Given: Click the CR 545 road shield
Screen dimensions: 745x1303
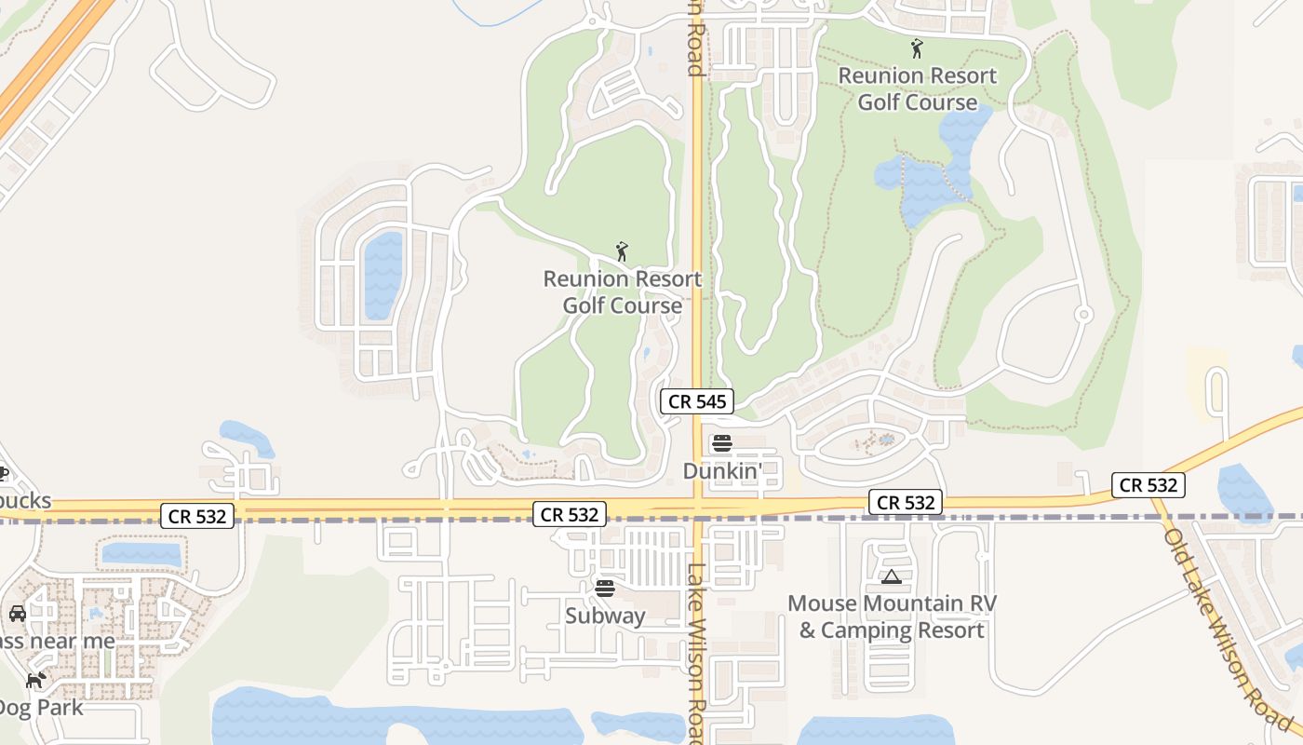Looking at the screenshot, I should pyautogui.click(x=697, y=401).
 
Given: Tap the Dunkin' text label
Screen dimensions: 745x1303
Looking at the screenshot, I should pyautogui.click(x=722, y=471).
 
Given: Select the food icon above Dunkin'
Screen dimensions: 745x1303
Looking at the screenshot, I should pyautogui.click(x=722, y=443).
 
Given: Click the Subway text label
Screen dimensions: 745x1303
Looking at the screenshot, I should pyautogui.click(x=605, y=616).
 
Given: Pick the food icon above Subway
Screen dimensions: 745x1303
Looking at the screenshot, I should pyautogui.click(x=605, y=588).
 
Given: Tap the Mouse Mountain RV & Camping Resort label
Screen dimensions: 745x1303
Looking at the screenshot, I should pyautogui.click(x=892, y=616).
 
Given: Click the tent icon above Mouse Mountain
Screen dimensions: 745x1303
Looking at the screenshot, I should pyautogui.click(x=892, y=577).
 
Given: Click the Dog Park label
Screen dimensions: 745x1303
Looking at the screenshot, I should pyautogui.click(x=42, y=707).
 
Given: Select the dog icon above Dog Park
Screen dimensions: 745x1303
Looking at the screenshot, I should pyautogui.click(x=35, y=680).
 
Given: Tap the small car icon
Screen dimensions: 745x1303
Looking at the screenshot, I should pyautogui.click(x=17, y=613).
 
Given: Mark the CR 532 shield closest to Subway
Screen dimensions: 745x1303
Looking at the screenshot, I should pyautogui.click(x=570, y=514).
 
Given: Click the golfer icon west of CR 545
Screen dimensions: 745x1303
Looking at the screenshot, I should pyautogui.click(x=622, y=251).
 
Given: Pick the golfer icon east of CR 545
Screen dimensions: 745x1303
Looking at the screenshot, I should pyautogui.click(x=917, y=47).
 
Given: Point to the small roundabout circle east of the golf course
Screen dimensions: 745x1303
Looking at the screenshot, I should pyautogui.click(x=1082, y=315).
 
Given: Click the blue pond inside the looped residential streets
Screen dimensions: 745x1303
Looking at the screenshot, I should pyautogui.click(x=383, y=275).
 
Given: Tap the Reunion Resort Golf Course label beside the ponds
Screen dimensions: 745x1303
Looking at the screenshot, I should pyautogui.click(x=918, y=88).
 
